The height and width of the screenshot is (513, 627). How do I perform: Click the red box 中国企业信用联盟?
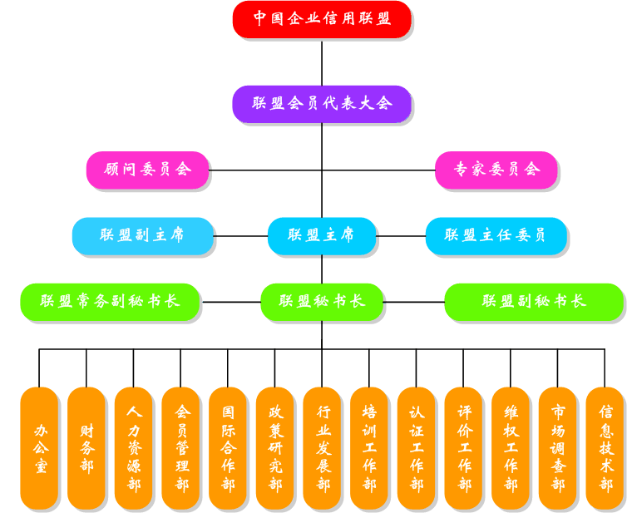coord(322,19)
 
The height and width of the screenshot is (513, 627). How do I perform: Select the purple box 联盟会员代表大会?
coord(322,104)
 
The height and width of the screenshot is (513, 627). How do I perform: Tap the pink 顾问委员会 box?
coord(147,170)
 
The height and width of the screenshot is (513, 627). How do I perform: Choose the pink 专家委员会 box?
coord(496,170)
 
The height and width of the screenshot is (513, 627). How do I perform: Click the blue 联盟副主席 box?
coord(142,235)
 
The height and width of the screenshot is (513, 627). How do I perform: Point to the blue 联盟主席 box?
coord(321,235)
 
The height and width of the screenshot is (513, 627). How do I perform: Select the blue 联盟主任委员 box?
coord(496,235)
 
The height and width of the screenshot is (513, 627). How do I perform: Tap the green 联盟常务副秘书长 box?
coord(110,301)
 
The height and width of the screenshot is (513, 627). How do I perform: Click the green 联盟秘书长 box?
coord(322,301)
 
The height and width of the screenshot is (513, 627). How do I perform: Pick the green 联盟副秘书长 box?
coord(533,301)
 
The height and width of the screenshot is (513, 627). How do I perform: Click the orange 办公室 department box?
coord(39,448)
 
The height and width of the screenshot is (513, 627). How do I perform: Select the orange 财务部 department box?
coord(86,448)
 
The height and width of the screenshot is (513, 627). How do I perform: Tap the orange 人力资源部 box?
coord(133,448)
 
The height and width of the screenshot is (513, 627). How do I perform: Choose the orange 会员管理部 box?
coord(180,448)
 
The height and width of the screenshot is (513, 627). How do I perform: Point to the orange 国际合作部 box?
coord(228,448)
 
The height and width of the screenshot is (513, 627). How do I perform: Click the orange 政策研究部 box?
coord(274,448)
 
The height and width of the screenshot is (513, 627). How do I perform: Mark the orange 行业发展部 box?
coord(322,448)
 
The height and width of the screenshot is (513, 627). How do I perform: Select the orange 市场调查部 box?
coord(557,448)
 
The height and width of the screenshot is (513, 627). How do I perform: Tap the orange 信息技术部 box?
coord(605,448)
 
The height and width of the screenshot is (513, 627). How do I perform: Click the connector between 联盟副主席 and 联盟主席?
coord(240,236)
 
